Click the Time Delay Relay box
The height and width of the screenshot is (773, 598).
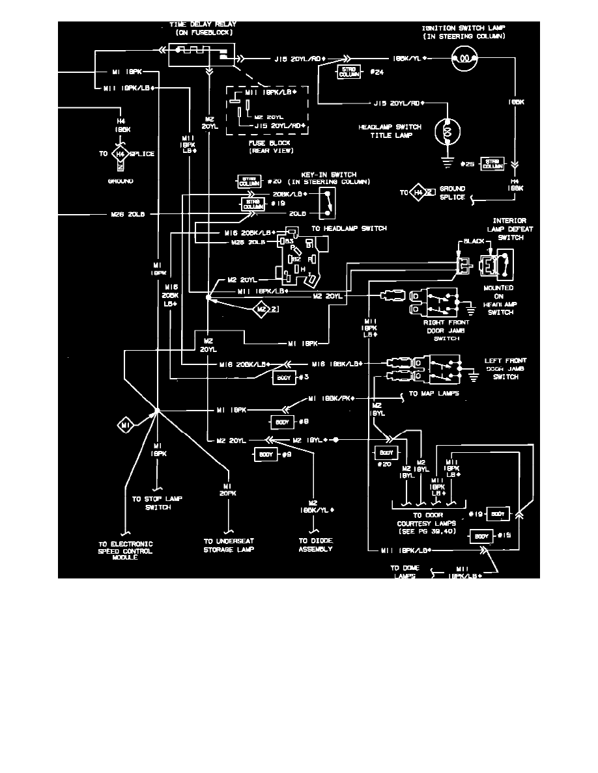pos(202,55)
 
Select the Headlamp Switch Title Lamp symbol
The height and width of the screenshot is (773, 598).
pos(448,131)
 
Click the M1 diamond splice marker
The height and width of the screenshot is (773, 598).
pos(126,425)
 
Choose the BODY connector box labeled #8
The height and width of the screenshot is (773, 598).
pos(283,421)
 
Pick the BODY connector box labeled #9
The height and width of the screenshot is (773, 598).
pos(266,454)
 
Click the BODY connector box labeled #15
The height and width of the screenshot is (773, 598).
pos(481,536)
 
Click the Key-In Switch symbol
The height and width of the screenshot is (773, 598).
pos(328,203)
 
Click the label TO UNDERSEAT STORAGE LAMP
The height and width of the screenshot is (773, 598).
pos(228,545)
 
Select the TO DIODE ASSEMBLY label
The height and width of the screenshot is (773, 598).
pos(316,545)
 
